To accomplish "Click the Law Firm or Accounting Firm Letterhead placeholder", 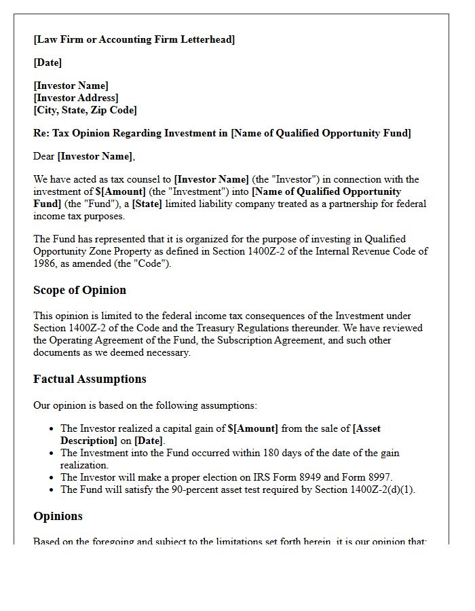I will click(x=134, y=39).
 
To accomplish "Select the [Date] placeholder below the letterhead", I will click(x=47, y=62).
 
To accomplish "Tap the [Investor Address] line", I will click(x=75, y=98).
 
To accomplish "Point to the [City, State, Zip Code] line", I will click(x=85, y=110).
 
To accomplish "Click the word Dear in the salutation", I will click(x=44, y=156).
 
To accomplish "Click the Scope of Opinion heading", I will click(x=79, y=290).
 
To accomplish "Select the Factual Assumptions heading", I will click(x=90, y=379).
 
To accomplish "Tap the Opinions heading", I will click(x=58, y=516).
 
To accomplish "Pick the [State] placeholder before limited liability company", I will click(x=147, y=204).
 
